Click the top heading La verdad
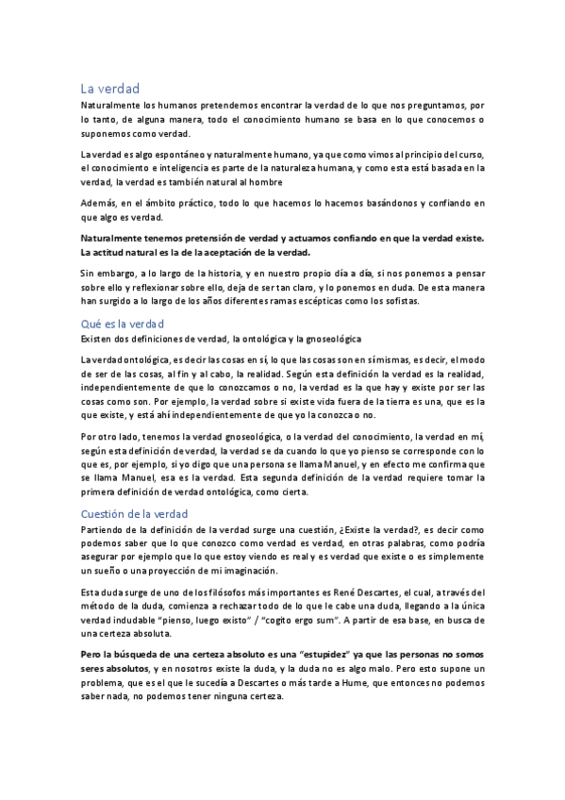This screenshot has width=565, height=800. [109, 88]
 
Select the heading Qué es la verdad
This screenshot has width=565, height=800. [124, 322]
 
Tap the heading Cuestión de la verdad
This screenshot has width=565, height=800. [134, 514]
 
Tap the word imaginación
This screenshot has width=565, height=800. [244, 572]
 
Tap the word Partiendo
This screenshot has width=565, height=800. [106, 531]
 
